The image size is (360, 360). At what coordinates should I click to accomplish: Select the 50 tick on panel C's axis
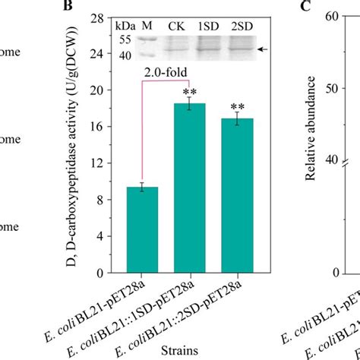pyautogui.click(x=323, y=88)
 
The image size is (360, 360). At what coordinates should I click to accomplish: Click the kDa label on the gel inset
pyautogui.click(x=125, y=26)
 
